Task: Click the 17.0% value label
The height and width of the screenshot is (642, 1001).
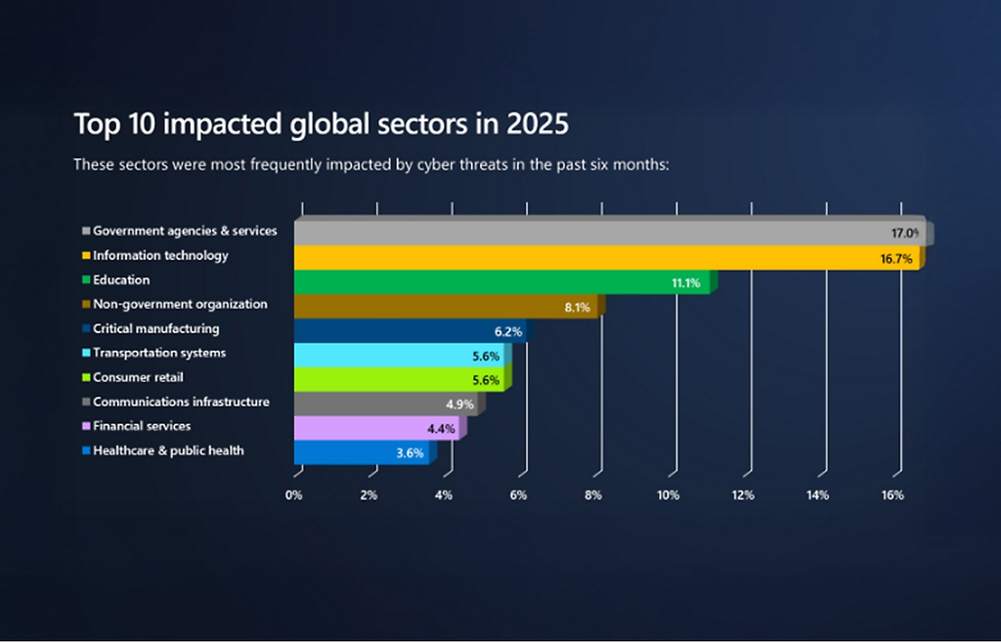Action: [904, 234]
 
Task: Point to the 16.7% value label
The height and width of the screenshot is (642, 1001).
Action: [896, 259]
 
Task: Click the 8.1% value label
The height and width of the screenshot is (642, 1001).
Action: [577, 308]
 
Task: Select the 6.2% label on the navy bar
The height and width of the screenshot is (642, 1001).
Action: [508, 332]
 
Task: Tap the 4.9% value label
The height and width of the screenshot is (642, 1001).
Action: [459, 404]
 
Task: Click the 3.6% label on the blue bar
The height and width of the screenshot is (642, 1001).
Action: [411, 452]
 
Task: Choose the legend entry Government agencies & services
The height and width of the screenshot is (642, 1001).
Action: [185, 231]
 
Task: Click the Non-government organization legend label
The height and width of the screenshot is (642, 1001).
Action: [180, 304]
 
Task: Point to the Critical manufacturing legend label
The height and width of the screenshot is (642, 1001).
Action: [155, 328]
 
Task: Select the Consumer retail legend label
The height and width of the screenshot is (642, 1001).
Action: [138, 377]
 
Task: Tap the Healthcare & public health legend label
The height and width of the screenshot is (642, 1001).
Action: [168, 450]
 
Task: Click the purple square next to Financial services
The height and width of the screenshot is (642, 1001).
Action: [86, 427]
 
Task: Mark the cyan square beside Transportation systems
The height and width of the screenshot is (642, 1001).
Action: [86, 354]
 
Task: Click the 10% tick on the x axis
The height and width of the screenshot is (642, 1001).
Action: [668, 495]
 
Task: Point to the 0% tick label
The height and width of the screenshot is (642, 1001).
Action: [294, 495]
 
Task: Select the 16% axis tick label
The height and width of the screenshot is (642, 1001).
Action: [892, 495]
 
